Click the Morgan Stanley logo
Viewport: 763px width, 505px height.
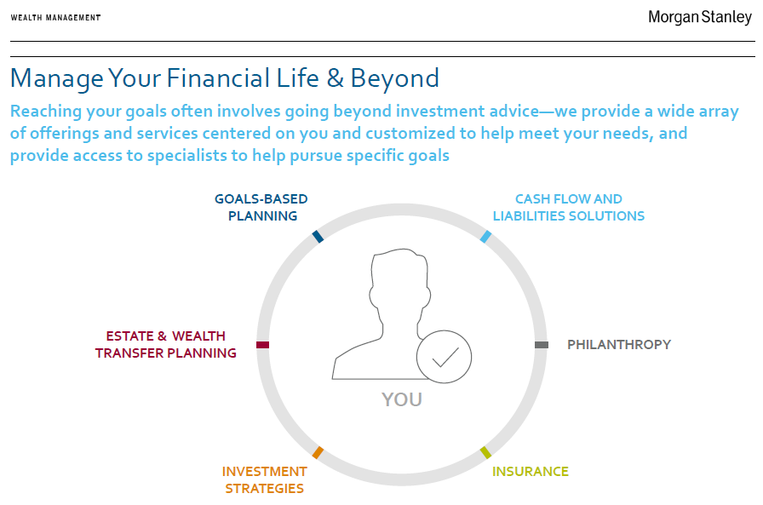pos(700,18)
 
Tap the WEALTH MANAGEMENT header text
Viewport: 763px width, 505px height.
pos(55,18)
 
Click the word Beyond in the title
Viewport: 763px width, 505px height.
pos(394,78)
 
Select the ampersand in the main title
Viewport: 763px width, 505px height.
pos(336,78)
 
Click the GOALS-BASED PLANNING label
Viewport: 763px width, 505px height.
pos(261,207)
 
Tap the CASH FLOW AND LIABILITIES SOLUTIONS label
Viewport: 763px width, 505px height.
pos(568,207)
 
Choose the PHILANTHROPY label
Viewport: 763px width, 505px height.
pos(619,344)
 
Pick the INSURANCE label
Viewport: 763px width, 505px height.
pos(531,472)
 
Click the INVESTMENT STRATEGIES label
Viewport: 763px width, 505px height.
pos(264,479)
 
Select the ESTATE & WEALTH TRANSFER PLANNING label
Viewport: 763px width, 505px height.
pos(165,344)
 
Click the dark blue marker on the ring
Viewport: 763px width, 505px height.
pos(318,237)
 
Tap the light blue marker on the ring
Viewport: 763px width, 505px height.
pos(485,237)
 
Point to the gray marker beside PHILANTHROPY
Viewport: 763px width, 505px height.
pos(542,345)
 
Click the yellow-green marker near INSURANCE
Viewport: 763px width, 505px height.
pos(485,452)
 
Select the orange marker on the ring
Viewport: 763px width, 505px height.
pos(318,452)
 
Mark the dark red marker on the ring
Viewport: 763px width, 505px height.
pos(263,345)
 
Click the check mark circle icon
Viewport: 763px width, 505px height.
pos(444,357)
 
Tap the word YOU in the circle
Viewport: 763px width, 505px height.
pos(402,399)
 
